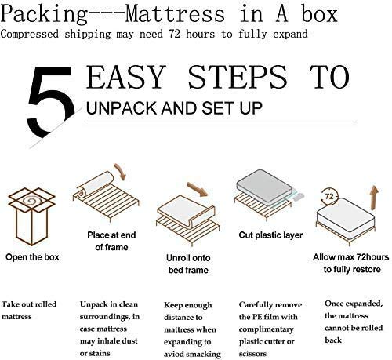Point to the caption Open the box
[32, 256]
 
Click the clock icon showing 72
[330, 194]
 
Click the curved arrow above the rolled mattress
[119, 172]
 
